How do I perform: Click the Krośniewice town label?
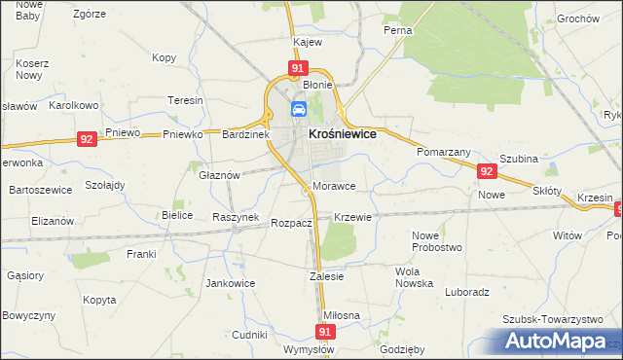point(342,135)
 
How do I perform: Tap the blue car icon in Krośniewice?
point(300,109)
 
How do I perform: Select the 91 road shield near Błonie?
point(298,68)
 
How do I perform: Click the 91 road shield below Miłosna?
point(325,332)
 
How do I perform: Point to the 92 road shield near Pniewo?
point(88,139)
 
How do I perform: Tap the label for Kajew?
point(308,43)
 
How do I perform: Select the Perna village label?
point(397,30)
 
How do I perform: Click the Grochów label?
point(577,18)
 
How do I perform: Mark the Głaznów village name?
point(219,175)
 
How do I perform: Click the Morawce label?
point(334,186)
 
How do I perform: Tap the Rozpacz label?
point(291,223)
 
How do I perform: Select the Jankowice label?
point(230,284)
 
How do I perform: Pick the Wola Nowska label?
point(414,277)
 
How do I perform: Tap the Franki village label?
point(141,254)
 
